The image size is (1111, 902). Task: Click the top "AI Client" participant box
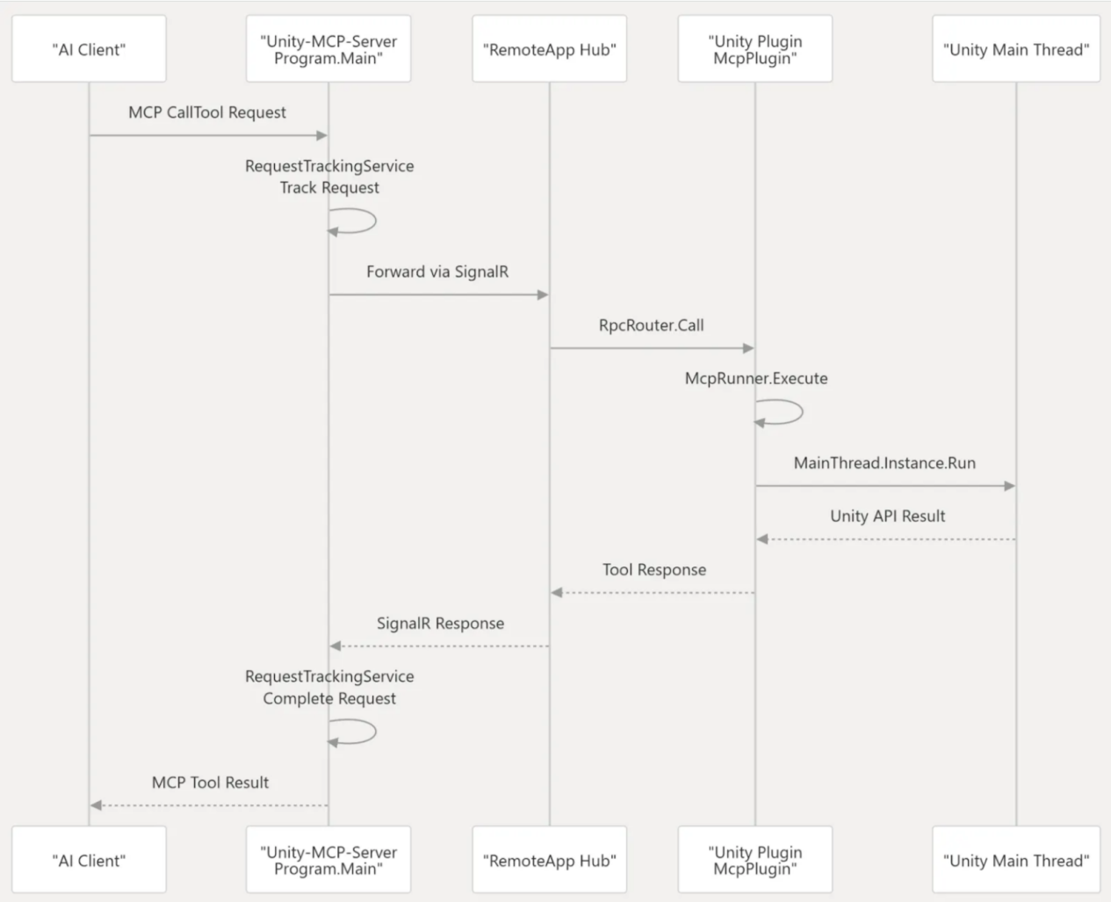(x=89, y=49)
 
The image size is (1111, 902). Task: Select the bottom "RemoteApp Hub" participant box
(x=549, y=861)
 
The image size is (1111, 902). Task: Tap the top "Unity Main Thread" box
(x=1015, y=49)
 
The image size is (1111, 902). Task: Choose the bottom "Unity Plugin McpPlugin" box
(x=754, y=861)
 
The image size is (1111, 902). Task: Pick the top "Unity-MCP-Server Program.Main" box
(x=328, y=49)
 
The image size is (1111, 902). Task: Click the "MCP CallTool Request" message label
(x=207, y=112)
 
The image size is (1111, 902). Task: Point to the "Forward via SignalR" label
(x=437, y=271)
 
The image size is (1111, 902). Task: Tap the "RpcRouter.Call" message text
(x=651, y=325)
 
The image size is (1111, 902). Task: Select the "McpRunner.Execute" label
(x=756, y=379)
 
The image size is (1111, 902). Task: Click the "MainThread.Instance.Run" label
(x=884, y=463)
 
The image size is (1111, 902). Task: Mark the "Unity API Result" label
(x=887, y=516)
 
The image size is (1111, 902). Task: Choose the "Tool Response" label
(x=653, y=570)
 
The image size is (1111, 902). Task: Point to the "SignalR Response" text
(x=440, y=624)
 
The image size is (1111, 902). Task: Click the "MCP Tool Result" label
(x=210, y=783)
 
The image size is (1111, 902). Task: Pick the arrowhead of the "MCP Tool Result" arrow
(x=96, y=805)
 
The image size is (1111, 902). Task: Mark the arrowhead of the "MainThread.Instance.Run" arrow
(x=1010, y=486)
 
